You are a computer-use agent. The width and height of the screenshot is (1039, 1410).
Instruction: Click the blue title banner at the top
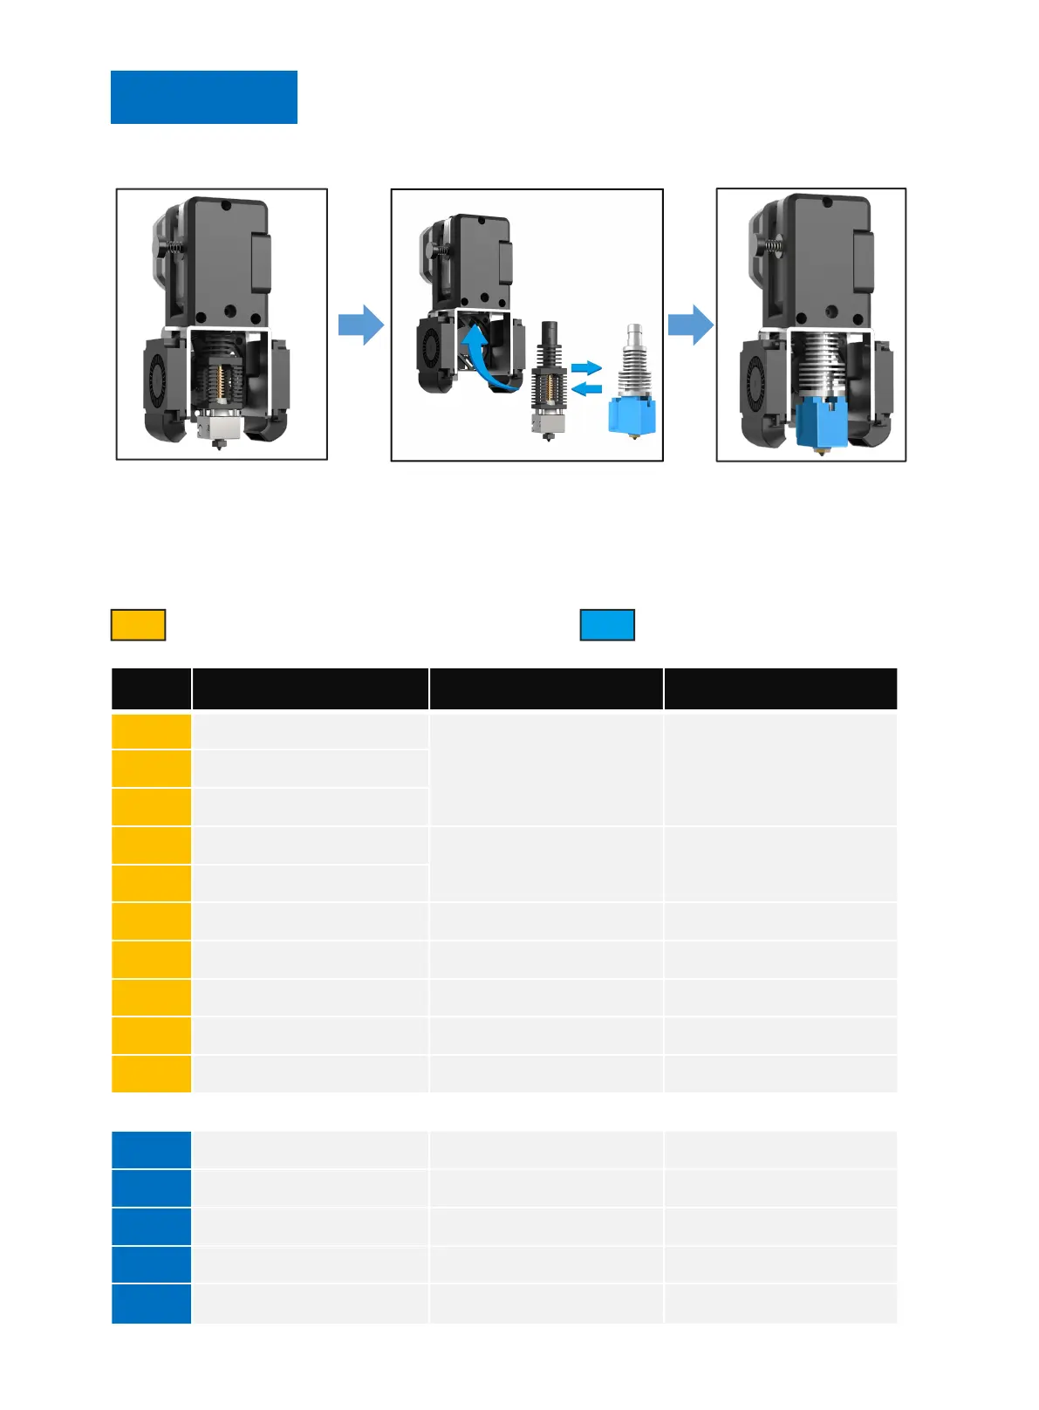pyautogui.click(x=203, y=97)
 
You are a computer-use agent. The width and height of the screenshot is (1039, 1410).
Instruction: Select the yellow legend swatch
pyautogui.click(x=138, y=625)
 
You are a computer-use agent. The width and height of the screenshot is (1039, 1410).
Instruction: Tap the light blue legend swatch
pyautogui.click(x=607, y=625)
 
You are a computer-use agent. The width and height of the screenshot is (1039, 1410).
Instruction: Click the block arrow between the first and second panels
pyautogui.click(x=360, y=325)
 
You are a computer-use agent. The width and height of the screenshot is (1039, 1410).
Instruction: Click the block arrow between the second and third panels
pyautogui.click(x=690, y=325)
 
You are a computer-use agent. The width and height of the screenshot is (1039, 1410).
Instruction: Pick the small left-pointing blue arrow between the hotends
pyautogui.click(x=586, y=388)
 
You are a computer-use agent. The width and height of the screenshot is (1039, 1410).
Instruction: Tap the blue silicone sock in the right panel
pyautogui.click(x=820, y=421)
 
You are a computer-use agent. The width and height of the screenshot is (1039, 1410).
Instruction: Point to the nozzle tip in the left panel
pyautogui.click(x=219, y=446)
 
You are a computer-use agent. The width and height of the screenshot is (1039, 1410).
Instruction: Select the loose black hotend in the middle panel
pyautogui.click(x=550, y=380)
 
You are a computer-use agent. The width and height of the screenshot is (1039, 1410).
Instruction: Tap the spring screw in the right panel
pyautogui.click(x=771, y=246)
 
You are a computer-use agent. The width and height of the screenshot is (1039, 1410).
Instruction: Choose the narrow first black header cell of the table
pyautogui.click(x=151, y=688)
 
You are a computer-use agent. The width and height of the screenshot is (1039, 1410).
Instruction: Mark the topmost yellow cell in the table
pyautogui.click(x=151, y=731)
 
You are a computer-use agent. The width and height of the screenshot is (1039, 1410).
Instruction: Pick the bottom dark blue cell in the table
pyautogui.click(x=151, y=1304)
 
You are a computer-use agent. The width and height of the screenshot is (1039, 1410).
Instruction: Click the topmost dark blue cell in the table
pyautogui.click(x=151, y=1150)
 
